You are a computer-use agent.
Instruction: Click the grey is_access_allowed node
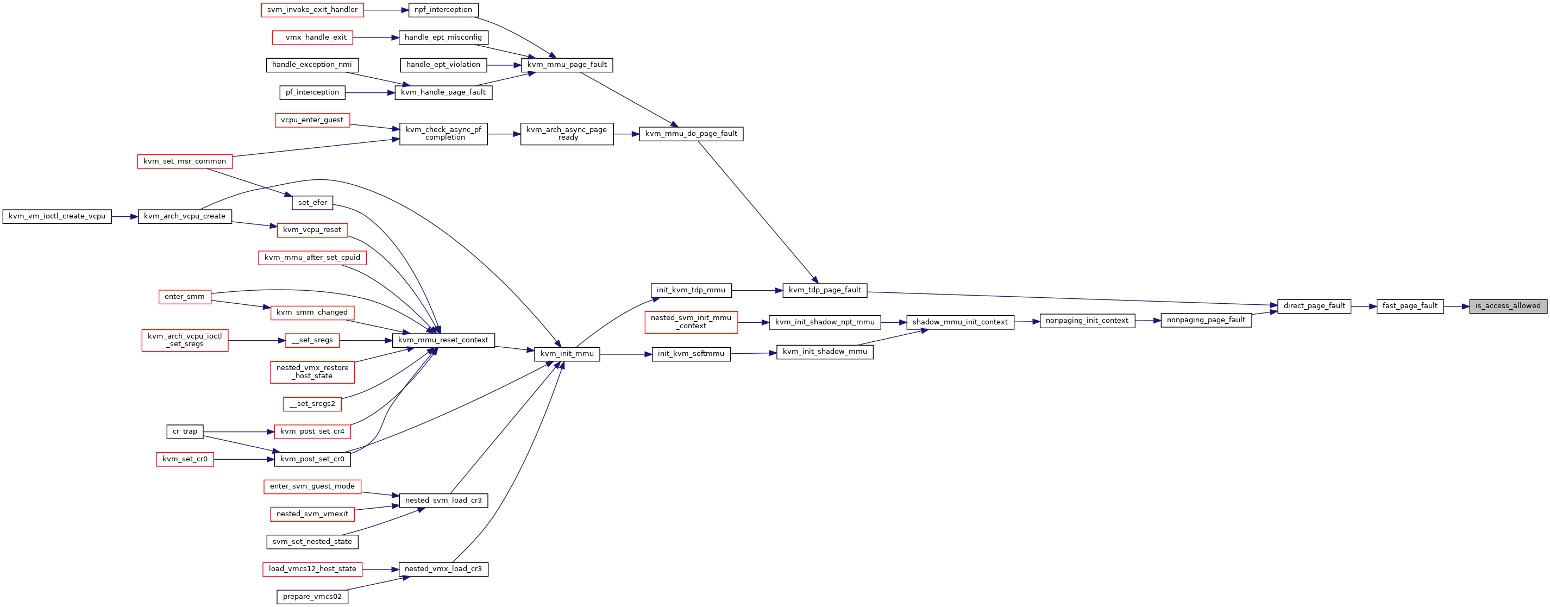[x=1508, y=306]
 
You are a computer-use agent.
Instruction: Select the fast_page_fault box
[x=1410, y=306]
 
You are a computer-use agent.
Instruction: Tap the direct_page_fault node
[x=1314, y=306]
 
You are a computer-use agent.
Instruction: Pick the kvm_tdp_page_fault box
[x=824, y=290]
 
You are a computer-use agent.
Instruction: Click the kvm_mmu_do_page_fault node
[x=691, y=134]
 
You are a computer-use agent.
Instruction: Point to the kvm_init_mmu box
[x=567, y=354]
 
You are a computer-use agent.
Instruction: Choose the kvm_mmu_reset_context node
[x=443, y=340]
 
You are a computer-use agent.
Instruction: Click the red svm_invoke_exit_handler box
[x=312, y=10]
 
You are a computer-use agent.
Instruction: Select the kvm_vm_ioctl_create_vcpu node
[x=57, y=216]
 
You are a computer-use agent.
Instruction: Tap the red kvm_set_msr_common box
[x=185, y=161]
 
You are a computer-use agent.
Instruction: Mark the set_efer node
[x=312, y=203]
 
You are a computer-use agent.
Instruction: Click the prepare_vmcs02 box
[x=312, y=597]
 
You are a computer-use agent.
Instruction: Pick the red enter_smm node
[x=185, y=297]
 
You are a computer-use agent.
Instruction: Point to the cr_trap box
[x=185, y=431]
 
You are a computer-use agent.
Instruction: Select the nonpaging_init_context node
[x=1087, y=321]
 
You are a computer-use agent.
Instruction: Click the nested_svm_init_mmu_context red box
[x=691, y=322]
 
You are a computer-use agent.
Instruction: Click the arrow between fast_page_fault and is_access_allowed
[x=1456, y=306]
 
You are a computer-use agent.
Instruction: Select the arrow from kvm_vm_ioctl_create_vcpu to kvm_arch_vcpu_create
[x=124, y=217]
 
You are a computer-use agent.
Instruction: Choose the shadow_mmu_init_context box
[x=960, y=322]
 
